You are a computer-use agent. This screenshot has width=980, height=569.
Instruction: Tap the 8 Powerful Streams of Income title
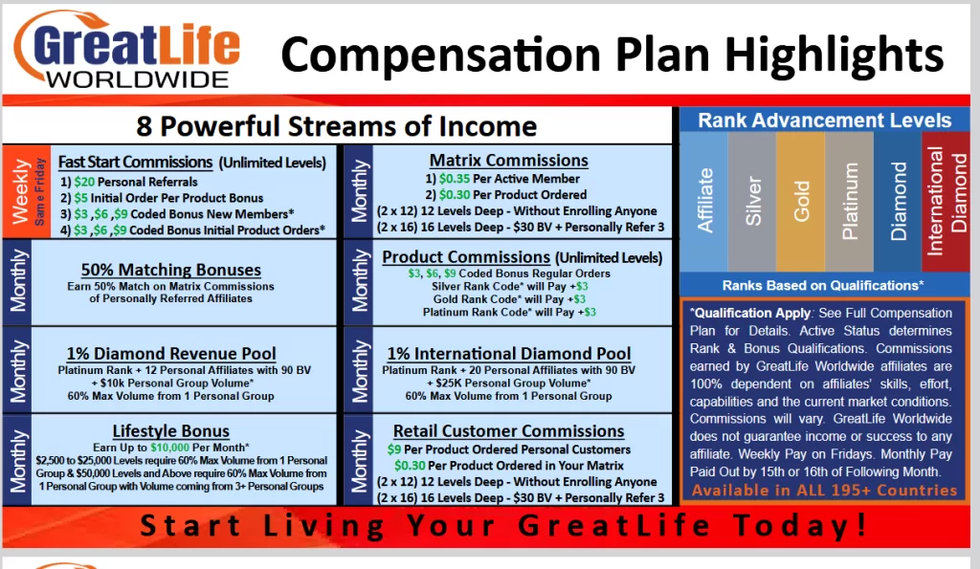click(338, 125)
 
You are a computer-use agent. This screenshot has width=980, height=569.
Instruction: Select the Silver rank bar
click(753, 201)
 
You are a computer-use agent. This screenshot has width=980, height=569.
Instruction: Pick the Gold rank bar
click(801, 201)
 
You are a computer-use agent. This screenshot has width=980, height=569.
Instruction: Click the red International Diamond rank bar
click(946, 201)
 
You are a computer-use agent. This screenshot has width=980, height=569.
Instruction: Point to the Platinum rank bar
click(849, 201)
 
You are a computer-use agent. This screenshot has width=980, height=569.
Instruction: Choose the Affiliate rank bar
click(704, 201)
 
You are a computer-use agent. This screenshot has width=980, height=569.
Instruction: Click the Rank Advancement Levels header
click(824, 120)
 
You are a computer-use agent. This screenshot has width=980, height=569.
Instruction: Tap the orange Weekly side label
click(20, 191)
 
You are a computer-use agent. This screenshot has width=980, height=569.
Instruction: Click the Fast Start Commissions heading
click(135, 162)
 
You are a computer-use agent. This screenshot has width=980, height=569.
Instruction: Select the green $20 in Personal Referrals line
click(84, 182)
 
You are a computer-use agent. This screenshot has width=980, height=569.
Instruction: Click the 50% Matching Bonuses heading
click(171, 270)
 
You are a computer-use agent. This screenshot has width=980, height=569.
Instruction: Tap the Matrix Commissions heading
click(508, 161)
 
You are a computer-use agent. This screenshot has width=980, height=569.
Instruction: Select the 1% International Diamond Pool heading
click(508, 354)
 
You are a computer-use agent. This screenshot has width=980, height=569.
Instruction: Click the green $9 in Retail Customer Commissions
click(394, 449)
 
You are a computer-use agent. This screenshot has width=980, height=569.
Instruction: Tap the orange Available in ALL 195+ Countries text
click(824, 491)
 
